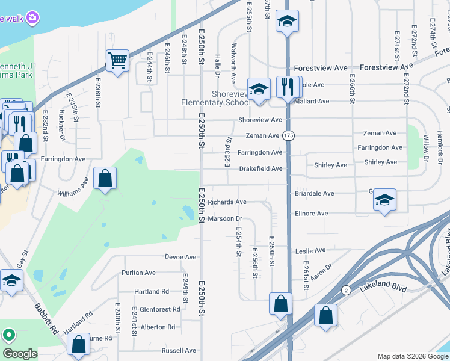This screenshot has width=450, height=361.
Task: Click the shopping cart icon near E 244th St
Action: (117, 60)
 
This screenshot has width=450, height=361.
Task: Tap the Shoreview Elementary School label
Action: (216, 98)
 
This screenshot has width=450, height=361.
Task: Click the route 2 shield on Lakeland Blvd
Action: (346, 290)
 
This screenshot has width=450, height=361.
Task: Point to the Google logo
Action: (20, 353)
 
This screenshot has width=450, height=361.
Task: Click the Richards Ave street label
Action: (227, 202)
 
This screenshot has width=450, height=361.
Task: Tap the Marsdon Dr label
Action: (224, 218)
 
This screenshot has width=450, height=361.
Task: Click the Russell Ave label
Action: (179, 350)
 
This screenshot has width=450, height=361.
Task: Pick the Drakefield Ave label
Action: (260, 169)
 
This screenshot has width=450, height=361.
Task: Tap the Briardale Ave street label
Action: (314, 194)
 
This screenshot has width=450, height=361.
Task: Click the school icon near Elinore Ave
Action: (384, 200)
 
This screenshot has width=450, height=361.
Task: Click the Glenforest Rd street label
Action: (159, 309)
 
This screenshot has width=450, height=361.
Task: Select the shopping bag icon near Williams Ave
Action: (105, 179)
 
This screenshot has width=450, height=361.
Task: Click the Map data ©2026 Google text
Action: (411, 356)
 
